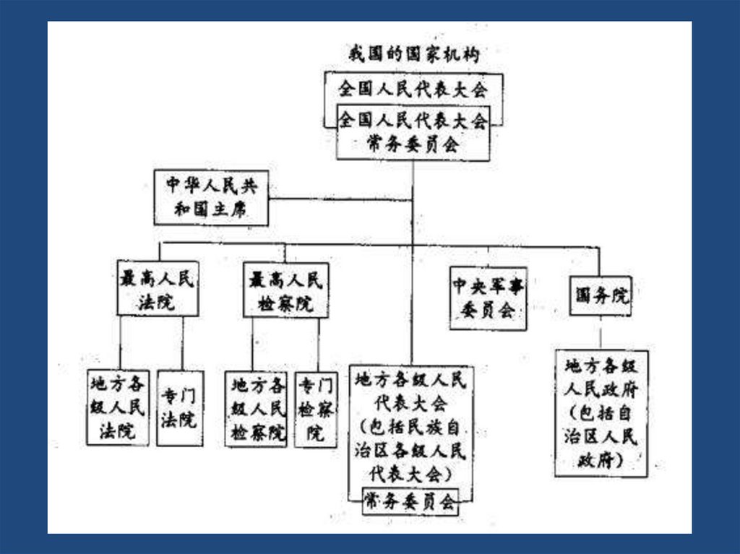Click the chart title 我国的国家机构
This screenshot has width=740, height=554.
(413, 54)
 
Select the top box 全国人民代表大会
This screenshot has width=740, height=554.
(413, 89)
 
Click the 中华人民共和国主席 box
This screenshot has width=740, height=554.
(210, 197)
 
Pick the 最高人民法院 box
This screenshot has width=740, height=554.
(157, 289)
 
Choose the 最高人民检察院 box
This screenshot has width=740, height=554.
(285, 290)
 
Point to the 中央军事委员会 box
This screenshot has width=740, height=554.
(488, 298)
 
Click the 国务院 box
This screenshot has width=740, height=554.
(600, 296)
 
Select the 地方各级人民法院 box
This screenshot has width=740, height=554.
(118, 407)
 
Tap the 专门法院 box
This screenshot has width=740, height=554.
(179, 408)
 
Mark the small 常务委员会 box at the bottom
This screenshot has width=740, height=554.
(410, 501)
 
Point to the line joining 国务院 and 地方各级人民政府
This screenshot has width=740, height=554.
(601, 333)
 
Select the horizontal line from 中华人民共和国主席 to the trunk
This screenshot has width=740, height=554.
(340, 199)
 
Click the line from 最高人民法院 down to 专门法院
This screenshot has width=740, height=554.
(182, 344)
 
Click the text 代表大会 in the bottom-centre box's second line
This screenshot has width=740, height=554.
(411, 402)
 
